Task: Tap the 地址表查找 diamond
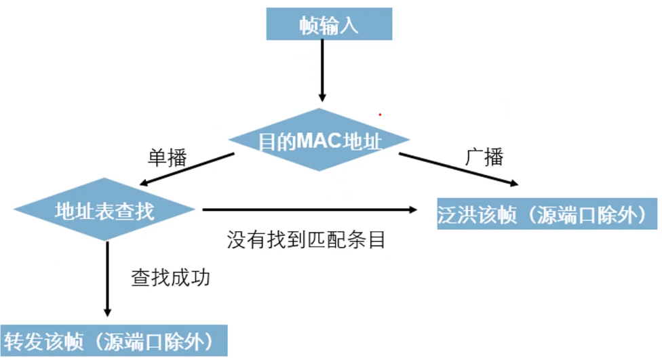click(104, 210)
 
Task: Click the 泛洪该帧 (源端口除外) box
click(547, 214)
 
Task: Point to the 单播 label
click(167, 157)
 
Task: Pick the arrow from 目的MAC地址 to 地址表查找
click(186, 169)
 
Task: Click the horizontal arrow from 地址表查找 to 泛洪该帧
click(309, 210)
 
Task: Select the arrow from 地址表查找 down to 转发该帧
click(107, 278)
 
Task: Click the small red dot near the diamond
click(380, 115)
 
